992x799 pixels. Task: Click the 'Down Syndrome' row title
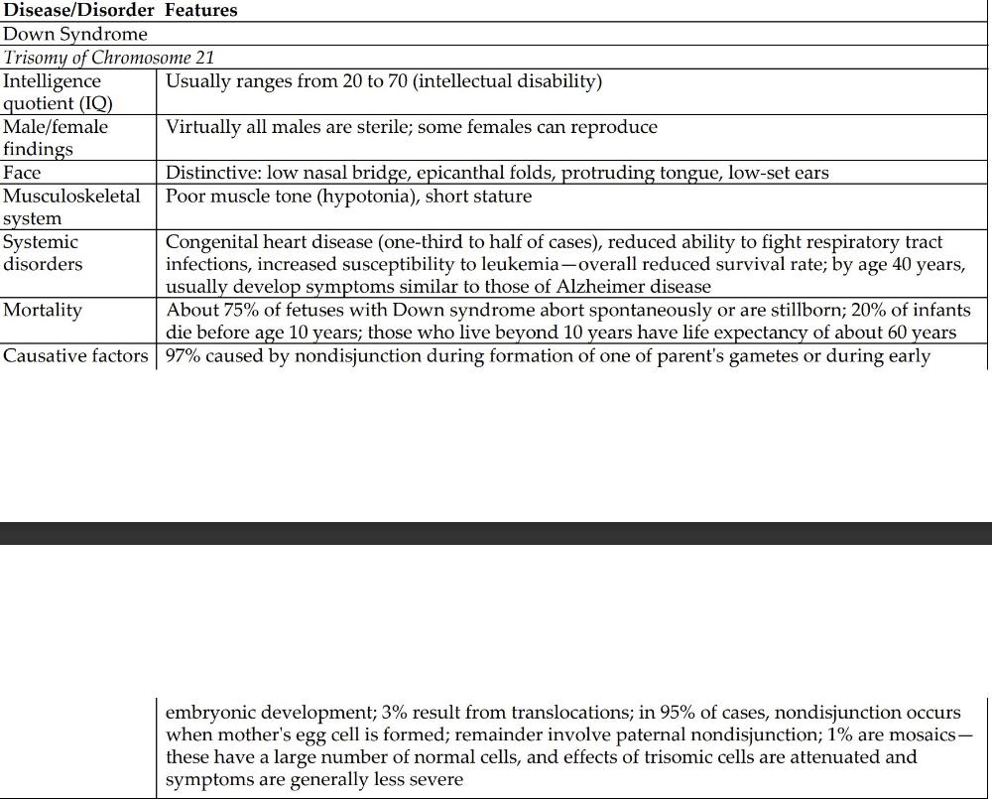click(x=75, y=35)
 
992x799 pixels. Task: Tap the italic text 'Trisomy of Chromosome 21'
click(x=109, y=58)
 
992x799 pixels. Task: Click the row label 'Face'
click(x=22, y=173)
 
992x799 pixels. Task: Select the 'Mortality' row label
click(x=43, y=310)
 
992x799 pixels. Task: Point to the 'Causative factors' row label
click(x=76, y=355)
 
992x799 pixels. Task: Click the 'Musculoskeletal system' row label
click(x=71, y=206)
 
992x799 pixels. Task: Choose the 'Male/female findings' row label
click(x=56, y=138)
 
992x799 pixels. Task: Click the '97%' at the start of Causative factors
click(x=184, y=355)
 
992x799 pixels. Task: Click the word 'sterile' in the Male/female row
click(x=398, y=127)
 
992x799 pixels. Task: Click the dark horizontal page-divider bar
click(x=496, y=533)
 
